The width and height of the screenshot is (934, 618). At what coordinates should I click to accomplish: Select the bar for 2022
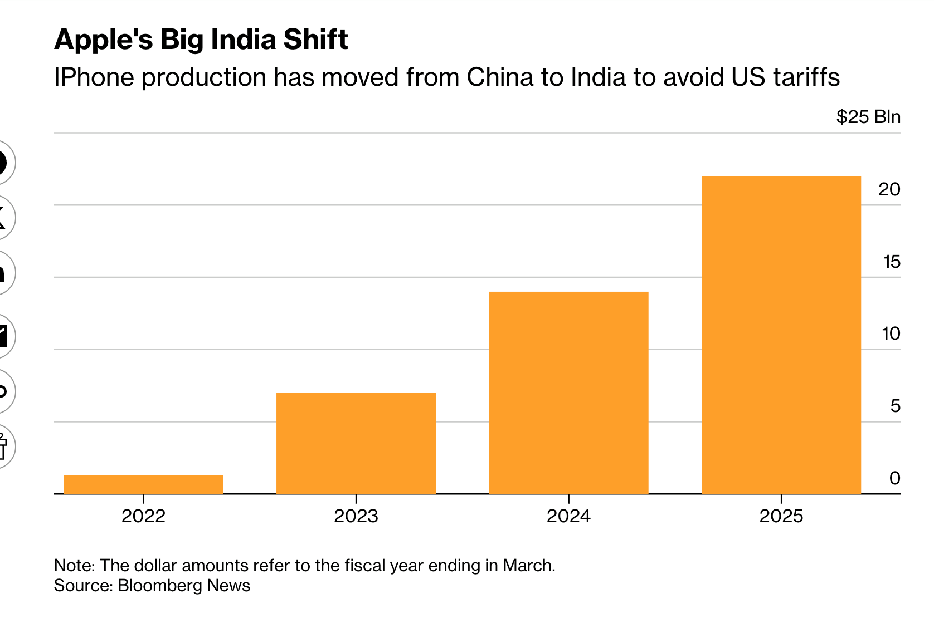pos(143,484)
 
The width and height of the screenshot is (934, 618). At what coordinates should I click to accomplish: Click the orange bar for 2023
pos(356,443)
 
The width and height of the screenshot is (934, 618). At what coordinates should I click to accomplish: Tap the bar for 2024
pos(568,393)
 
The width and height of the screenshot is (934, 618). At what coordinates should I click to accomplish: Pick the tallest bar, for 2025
pos(781,335)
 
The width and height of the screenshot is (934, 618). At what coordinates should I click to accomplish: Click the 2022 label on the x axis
pos(143,516)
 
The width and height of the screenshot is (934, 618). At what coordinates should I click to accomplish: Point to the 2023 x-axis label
pos(356,516)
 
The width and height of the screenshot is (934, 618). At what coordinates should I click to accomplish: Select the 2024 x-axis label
pos(568,516)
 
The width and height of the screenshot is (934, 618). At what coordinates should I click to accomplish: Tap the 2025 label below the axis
pos(781,516)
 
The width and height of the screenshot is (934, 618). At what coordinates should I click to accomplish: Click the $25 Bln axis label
pos(868,117)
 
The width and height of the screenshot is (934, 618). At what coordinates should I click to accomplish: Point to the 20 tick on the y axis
pos(889,190)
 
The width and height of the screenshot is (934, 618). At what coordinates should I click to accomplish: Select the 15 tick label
pos(892,262)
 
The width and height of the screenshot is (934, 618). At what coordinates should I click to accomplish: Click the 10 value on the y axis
pos(891,333)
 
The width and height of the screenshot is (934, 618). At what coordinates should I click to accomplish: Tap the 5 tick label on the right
pos(895,406)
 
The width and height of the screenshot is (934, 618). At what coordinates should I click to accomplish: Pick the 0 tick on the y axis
pos(894,478)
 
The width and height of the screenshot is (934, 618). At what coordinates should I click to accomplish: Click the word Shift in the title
pos(315,40)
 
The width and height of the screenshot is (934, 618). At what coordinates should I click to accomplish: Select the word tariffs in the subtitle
pos(806,77)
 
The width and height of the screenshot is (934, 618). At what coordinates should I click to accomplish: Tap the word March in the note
pos(528,566)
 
